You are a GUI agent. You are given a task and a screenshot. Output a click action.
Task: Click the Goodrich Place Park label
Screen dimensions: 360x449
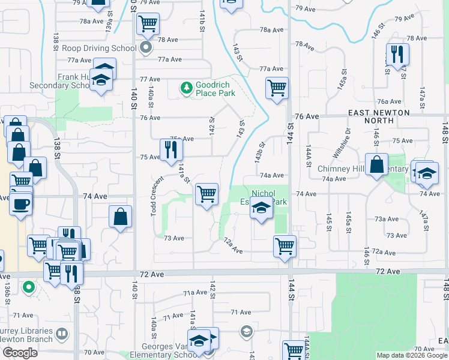point(216,89)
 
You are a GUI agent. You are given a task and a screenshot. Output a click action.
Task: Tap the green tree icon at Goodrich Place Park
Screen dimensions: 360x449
point(187,89)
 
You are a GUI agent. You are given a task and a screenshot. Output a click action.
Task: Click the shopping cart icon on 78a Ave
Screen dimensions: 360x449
point(148,25)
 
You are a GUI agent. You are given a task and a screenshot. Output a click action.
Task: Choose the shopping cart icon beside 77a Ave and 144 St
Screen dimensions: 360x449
point(277,88)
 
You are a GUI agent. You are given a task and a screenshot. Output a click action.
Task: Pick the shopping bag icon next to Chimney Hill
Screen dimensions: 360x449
point(376,165)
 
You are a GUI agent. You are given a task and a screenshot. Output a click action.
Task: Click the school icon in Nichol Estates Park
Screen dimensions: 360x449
point(261,209)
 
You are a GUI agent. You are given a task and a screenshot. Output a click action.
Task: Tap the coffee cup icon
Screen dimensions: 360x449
point(19,203)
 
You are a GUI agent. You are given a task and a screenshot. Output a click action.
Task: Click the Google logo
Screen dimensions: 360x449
point(20,353)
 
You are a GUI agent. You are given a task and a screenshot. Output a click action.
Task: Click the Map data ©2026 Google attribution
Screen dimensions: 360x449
point(411,355)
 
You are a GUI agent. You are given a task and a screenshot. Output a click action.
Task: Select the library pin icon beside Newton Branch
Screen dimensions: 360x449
point(62,333)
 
